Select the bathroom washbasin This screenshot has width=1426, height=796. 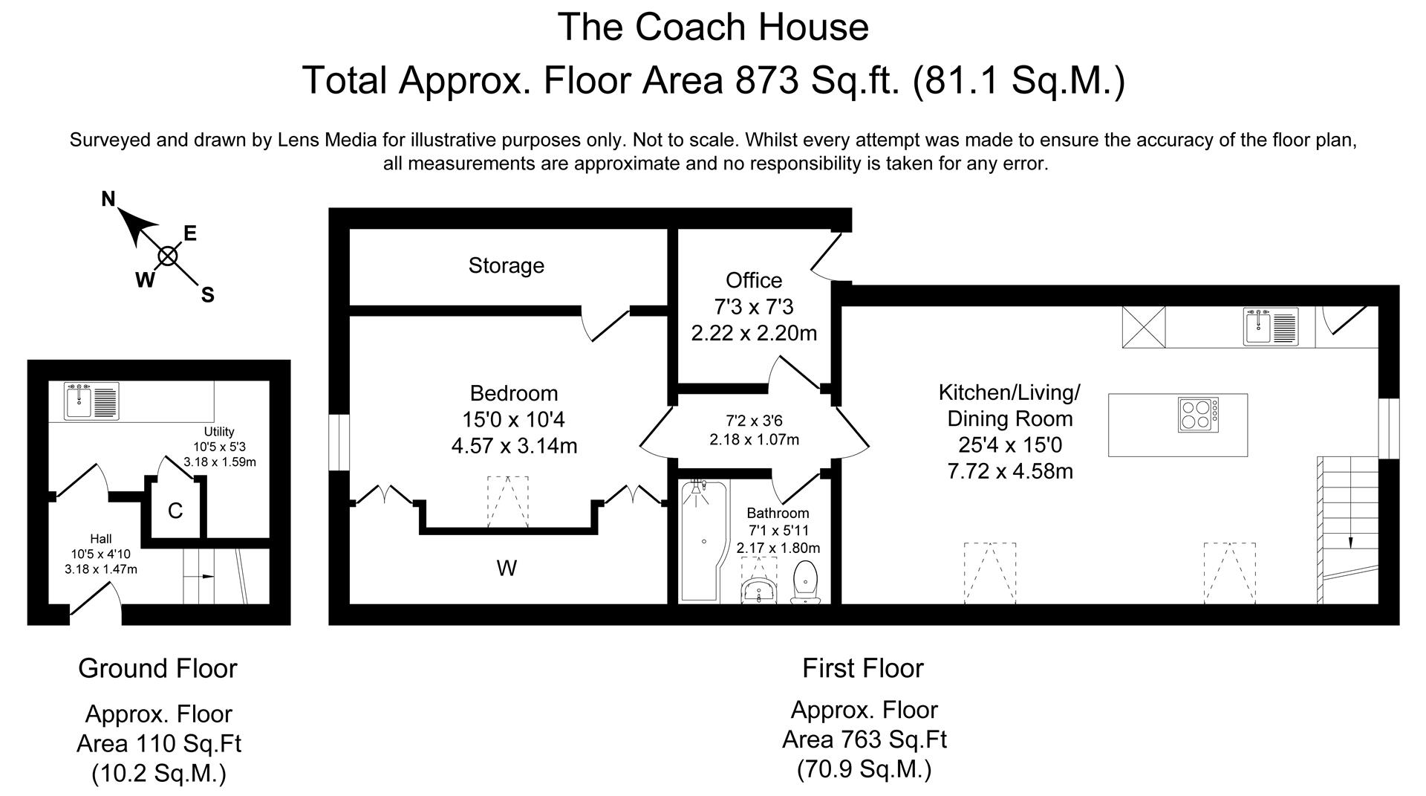tap(758, 591)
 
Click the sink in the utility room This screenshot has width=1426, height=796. tap(91, 401)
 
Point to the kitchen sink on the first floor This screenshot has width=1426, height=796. tap(1271, 328)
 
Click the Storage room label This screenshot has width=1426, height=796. tap(506, 265)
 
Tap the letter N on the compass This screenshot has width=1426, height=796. tap(108, 199)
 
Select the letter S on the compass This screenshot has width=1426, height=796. tap(208, 295)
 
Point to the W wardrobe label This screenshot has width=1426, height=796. tap(507, 569)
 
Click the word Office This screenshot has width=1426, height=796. tap(754, 280)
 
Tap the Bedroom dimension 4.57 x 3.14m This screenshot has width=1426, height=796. tap(514, 446)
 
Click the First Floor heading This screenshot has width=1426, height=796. tap(863, 668)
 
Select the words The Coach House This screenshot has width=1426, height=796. tap(713, 27)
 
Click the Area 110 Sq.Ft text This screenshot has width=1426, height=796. tap(159, 743)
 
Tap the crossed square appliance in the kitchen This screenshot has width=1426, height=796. tap(1144, 328)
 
